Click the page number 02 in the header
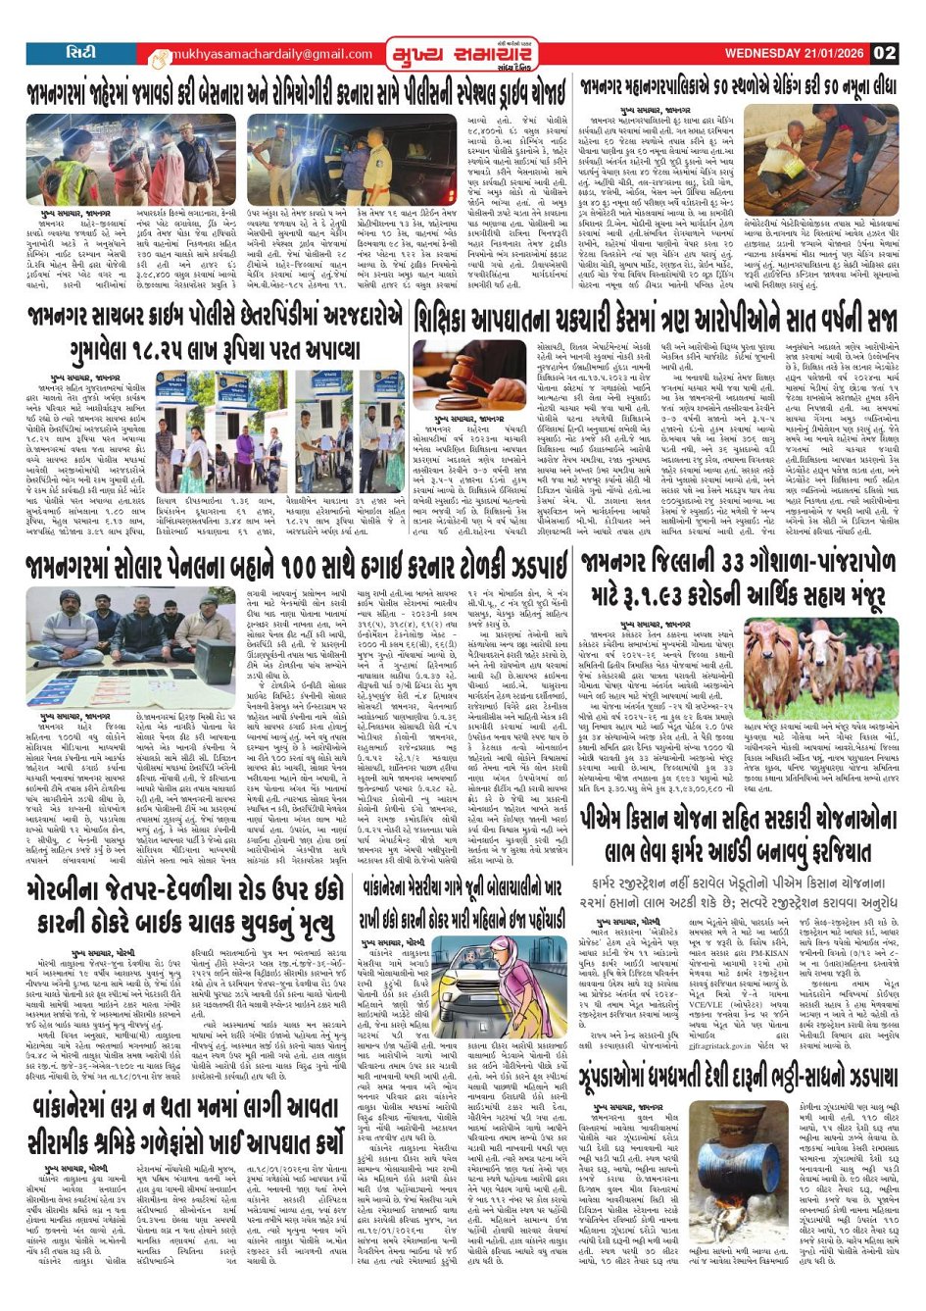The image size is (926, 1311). (x=884, y=53)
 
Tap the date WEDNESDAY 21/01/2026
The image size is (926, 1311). (x=797, y=53)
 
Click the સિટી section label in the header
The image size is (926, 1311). (x=80, y=52)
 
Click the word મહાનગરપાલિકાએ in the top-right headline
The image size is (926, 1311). (x=687, y=87)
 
